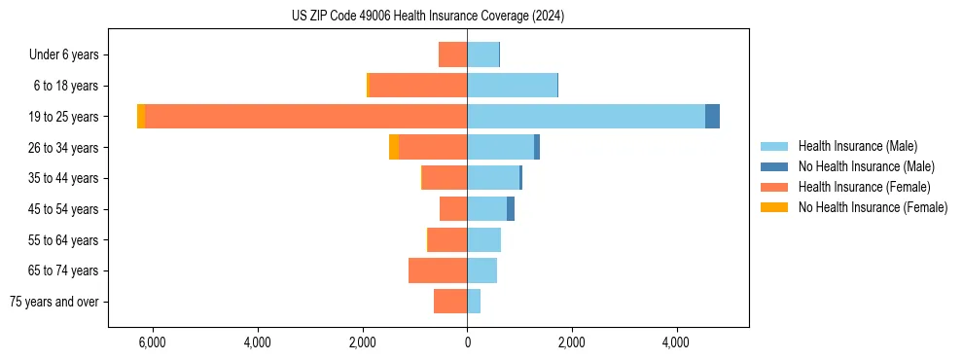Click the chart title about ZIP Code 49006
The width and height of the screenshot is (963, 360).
pos(428,17)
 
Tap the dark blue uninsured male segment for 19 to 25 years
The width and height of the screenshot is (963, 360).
pos(712,117)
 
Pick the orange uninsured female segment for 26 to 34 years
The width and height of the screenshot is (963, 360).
pos(394,147)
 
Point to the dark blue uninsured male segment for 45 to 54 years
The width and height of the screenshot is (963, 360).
pos(511,209)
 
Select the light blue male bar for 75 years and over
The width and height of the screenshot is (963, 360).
pos(474,302)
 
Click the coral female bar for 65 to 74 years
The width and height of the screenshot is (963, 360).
pos(438,270)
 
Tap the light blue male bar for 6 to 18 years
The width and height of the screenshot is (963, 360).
pos(512,86)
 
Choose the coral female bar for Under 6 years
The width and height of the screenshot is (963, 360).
pos(452,54)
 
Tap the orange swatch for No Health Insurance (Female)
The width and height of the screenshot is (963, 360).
pos(774,207)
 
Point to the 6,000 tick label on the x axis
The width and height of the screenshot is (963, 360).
pos(153,342)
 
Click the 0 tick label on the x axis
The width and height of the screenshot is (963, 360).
pos(467,342)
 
